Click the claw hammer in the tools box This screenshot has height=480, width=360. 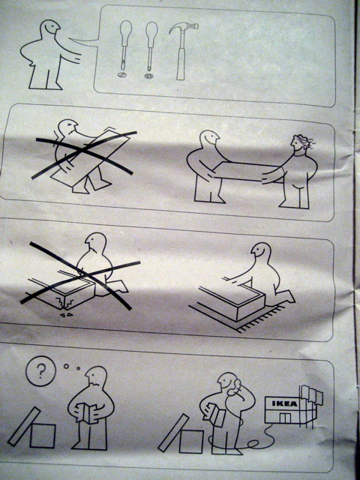tap(181, 52)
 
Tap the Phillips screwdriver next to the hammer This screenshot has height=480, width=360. tap(151, 46)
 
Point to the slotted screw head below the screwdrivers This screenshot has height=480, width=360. tap(121, 74)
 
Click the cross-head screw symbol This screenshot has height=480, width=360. tap(149, 75)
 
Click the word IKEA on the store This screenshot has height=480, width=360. tap(285, 403)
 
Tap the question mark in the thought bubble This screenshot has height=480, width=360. tap(40, 370)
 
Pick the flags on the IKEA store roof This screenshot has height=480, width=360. tap(312, 394)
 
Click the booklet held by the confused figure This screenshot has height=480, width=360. tap(88, 412)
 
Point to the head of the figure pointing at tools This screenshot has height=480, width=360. tap(50, 28)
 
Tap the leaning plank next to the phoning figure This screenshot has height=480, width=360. tap(173, 433)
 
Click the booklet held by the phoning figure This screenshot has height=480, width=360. tap(217, 413)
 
